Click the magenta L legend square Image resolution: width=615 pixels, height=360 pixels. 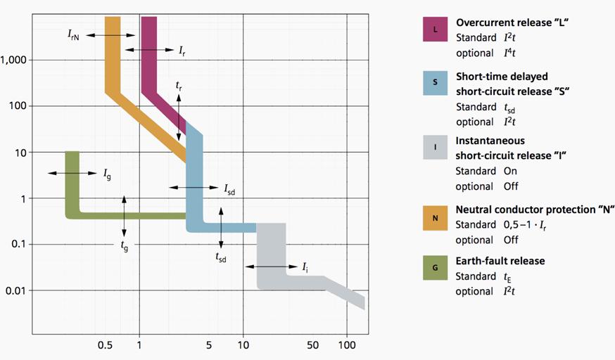coord(435,30)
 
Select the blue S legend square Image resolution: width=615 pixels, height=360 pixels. coord(435,83)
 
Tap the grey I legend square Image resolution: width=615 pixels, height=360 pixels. coord(435,148)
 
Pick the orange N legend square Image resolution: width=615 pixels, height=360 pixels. coord(435,217)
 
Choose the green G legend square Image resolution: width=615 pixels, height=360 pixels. coord(435,268)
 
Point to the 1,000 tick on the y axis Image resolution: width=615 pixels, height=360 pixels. coord(13,60)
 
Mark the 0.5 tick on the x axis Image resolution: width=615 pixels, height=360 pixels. coord(105,345)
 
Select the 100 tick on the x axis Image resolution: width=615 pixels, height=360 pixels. coord(346,345)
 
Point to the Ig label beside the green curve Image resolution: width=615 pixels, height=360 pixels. coord(107,174)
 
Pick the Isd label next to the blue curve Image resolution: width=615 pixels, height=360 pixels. coord(230,189)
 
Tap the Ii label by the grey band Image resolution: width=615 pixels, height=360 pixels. coord(305,267)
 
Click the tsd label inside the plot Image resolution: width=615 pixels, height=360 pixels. coord(221,257)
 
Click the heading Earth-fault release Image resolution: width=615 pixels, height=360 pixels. coord(500,261)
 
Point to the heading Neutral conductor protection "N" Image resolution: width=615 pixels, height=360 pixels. coord(535,210)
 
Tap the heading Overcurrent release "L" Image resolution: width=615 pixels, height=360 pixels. coord(512,22)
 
